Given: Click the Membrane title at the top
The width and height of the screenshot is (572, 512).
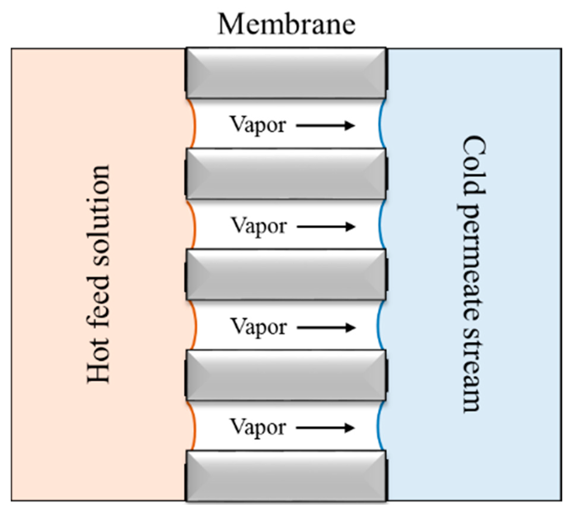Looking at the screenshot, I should [x=286, y=23].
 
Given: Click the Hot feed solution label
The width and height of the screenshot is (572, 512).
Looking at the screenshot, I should [x=99, y=274].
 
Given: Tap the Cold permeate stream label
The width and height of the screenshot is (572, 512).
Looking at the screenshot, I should [x=471, y=274].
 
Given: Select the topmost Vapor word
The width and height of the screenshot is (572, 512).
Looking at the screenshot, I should [x=258, y=126].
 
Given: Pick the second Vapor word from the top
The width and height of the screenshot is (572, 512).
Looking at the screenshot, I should [x=258, y=226].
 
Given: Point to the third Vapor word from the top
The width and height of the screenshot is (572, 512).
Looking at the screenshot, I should [x=258, y=326].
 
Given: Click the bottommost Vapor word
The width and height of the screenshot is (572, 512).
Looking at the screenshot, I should [x=258, y=428].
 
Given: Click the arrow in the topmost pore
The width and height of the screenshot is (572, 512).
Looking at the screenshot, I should [x=326, y=126].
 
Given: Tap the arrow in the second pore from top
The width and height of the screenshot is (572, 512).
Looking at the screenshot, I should [x=326, y=226].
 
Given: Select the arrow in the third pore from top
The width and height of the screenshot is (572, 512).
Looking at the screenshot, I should [x=326, y=327].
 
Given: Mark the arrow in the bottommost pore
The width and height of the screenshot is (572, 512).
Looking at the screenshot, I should [x=326, y=428].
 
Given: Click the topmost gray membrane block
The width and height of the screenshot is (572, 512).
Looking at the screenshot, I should [x=286, y=74].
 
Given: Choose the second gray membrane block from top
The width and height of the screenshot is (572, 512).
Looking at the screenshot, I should [x=286, y=174].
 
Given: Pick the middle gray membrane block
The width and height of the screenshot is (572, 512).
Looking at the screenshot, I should [x=286, y=274].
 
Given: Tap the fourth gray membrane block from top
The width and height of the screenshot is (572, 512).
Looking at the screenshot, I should [x=286, y=375].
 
